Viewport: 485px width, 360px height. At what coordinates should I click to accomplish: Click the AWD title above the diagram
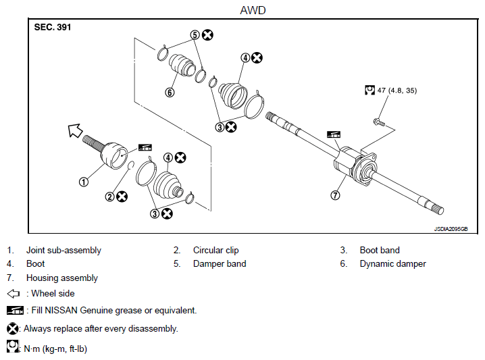coord(253,10)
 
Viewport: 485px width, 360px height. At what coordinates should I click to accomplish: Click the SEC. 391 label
coord(53,27)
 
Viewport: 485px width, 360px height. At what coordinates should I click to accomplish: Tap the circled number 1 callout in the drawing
coord(84,182)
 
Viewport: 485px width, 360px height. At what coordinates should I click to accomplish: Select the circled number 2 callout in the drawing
coord(110,197)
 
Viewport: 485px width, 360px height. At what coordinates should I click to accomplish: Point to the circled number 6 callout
coord(170,92)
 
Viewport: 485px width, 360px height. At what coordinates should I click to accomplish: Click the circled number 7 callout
coord(335,195)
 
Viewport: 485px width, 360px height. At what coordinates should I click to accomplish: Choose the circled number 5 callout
coord(195,34)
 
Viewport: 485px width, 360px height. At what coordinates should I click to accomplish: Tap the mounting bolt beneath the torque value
coord(379,122)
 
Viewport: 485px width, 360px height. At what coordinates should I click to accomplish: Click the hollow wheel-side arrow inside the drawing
coord(75,130)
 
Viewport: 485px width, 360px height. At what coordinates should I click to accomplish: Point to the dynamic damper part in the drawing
coord(182,65)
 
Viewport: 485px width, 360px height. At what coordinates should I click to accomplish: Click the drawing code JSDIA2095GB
coord(451,229)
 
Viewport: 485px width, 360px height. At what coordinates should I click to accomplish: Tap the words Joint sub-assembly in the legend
coord(63,250)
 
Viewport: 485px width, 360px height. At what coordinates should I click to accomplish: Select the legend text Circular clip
coord(216,250)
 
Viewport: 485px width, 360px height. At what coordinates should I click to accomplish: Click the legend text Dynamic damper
coord(393,264)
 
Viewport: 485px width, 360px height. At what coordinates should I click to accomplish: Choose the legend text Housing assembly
coord(62,278)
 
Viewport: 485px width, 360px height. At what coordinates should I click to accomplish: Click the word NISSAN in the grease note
coord(61,310)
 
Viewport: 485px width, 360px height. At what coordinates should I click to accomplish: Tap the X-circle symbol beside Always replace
coord(12,328)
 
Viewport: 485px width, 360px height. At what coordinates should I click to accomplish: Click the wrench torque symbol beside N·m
coord(12,346)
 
